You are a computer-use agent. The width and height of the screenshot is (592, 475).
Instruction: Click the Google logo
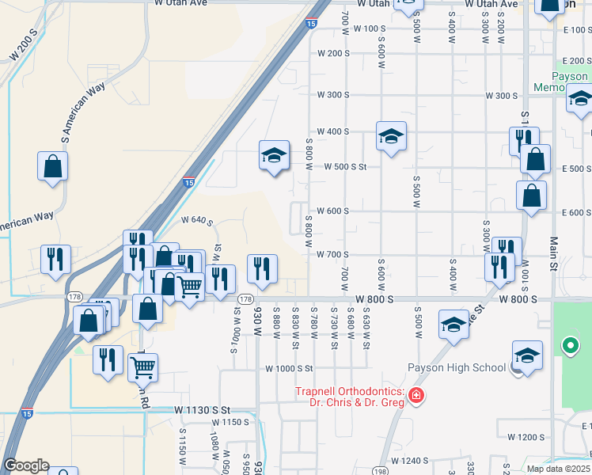26,465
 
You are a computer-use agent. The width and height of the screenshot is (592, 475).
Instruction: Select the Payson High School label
457,367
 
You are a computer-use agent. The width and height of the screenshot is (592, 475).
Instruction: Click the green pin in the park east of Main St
569,345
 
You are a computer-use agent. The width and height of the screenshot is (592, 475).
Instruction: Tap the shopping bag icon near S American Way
52,167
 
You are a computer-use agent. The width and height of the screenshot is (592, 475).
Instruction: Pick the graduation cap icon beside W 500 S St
273,156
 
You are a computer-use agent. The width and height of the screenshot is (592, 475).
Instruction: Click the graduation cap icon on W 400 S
391,138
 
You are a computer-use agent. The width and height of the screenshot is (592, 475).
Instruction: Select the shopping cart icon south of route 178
142,366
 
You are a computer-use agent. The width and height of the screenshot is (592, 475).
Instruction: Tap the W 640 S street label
197,221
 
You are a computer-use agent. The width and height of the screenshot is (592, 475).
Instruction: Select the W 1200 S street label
526,437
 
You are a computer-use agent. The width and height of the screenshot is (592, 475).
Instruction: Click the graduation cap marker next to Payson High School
527,356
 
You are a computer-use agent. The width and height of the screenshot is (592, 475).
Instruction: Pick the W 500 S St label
347,167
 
